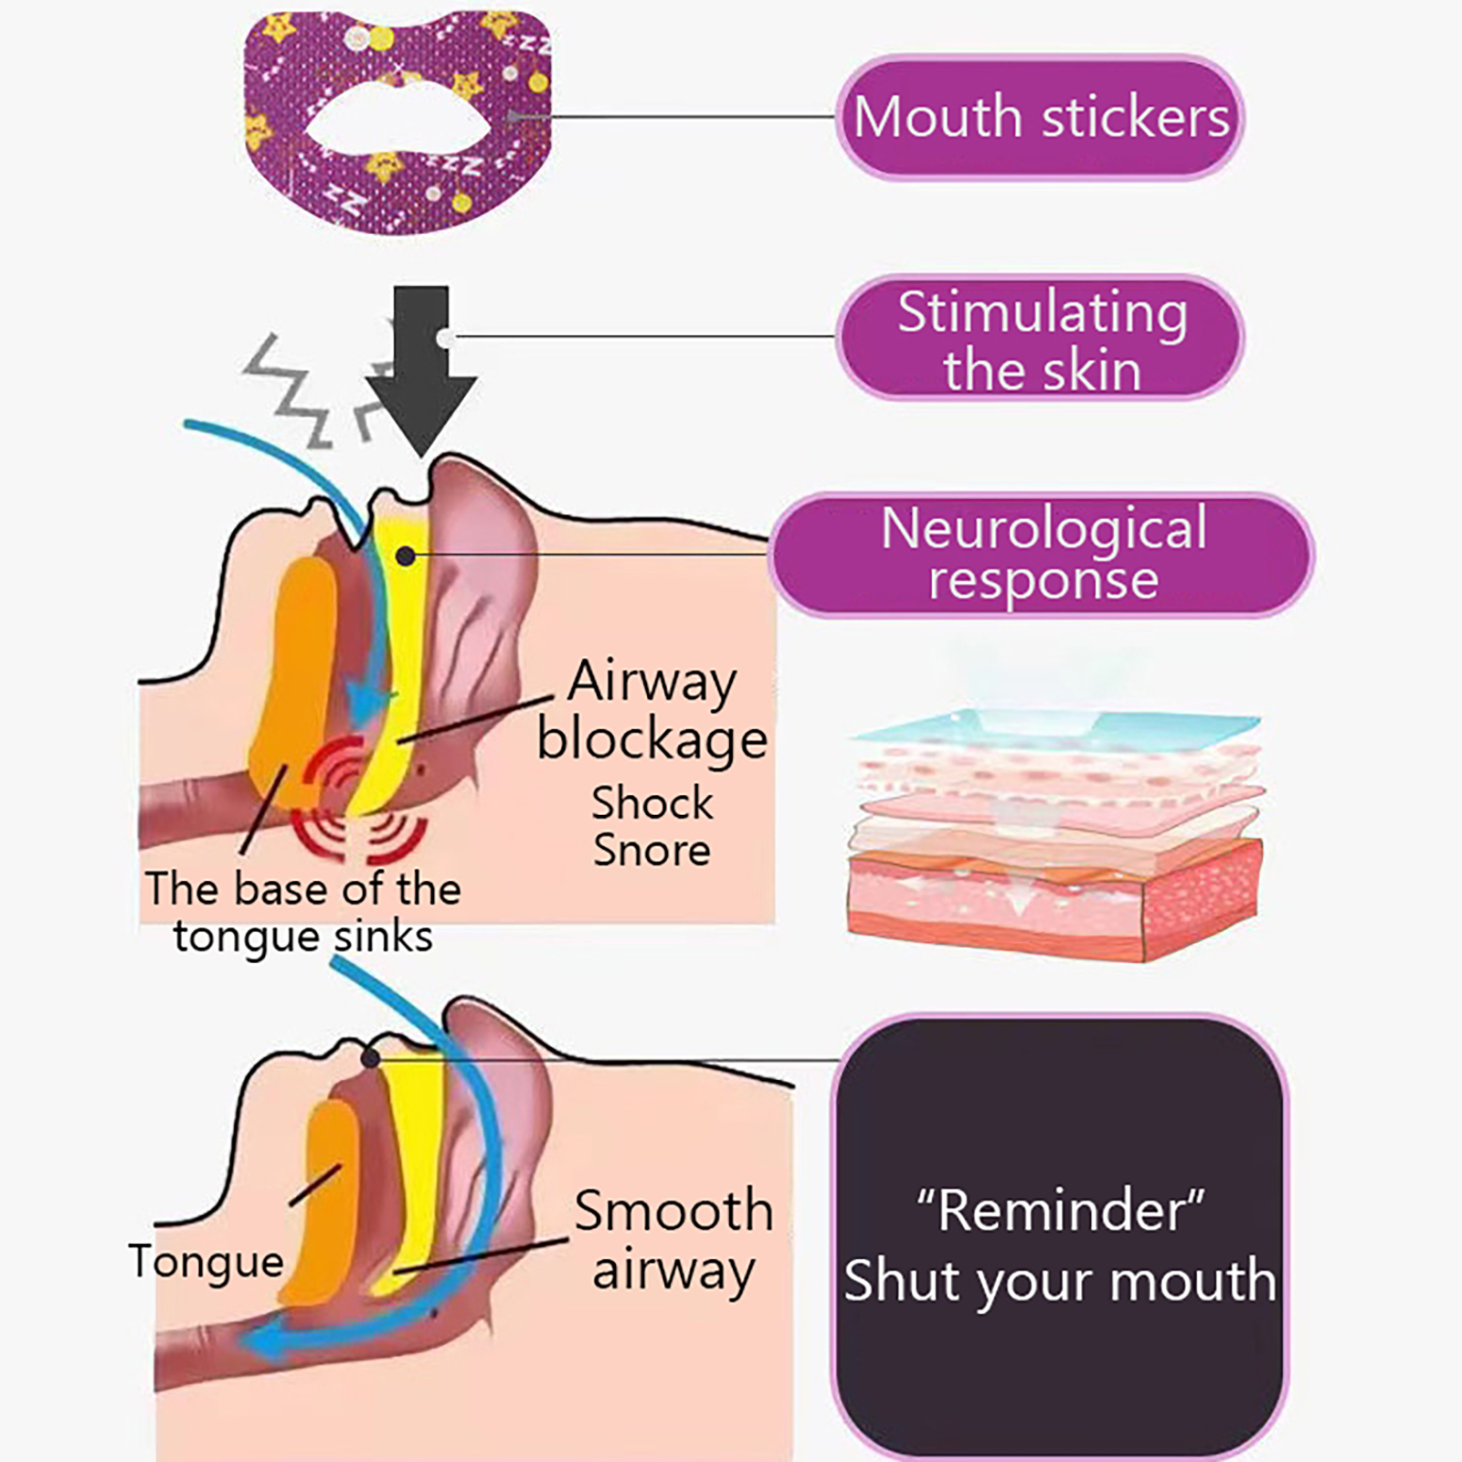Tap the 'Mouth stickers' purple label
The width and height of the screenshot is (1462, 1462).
point(1040,117)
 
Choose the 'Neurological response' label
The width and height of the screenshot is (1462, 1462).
point(1042,554)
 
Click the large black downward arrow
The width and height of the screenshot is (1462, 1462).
point(421,365)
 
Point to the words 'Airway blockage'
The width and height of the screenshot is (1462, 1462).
point(652,710)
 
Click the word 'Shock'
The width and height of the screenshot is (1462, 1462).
point(652,803)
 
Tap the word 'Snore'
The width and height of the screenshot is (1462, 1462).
point(652,851)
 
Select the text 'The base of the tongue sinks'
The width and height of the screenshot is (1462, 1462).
point(302,912)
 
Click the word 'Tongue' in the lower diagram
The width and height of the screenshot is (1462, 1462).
point(207,1262)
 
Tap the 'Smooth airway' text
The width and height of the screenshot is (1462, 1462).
point(673,1239)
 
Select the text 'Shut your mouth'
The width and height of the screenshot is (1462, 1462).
point(1060,1281)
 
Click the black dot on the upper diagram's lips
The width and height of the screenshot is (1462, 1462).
point(406,556)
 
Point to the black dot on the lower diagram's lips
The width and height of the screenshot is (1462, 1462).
point(370,1058)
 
